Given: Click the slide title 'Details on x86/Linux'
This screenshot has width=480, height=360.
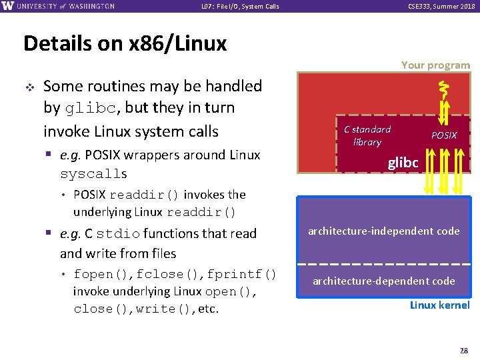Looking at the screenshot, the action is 125,44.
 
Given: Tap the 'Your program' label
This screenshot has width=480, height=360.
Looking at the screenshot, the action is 435,65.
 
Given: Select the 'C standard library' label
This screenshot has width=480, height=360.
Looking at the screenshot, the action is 367,135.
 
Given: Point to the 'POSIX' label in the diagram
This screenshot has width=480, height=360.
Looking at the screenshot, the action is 444,135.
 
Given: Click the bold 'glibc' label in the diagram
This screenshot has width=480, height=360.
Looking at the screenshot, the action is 403,163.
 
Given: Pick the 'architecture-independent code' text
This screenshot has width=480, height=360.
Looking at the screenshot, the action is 383,231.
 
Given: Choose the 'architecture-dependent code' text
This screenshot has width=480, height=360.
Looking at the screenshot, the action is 383,281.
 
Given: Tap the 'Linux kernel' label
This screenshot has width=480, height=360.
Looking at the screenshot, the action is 439,305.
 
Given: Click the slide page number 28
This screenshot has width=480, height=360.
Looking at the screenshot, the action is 464,350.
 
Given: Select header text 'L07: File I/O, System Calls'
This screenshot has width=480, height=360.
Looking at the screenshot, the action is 240,7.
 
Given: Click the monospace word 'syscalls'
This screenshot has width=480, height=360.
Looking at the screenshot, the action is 93,175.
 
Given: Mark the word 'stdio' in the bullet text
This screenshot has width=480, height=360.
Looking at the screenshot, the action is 118,234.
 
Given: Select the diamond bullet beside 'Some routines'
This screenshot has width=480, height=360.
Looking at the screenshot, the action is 28,87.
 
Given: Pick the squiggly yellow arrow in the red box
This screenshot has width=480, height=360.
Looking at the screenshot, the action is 441,87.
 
